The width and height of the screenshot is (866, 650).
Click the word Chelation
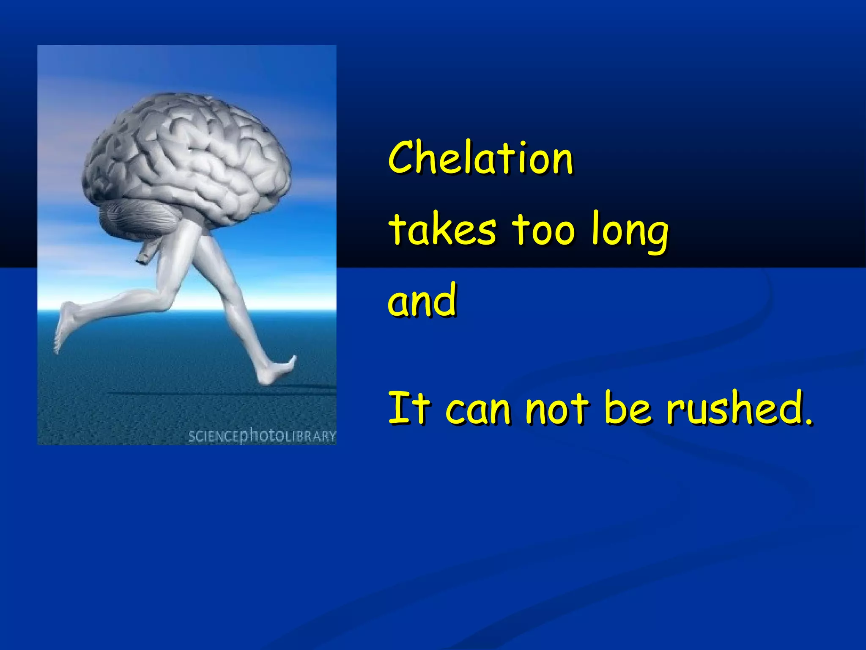coord(480,158)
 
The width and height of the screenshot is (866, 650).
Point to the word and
coord(422,300)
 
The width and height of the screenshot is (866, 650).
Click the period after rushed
coord(808,421)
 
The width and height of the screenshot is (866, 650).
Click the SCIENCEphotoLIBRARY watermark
coord(262,436)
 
